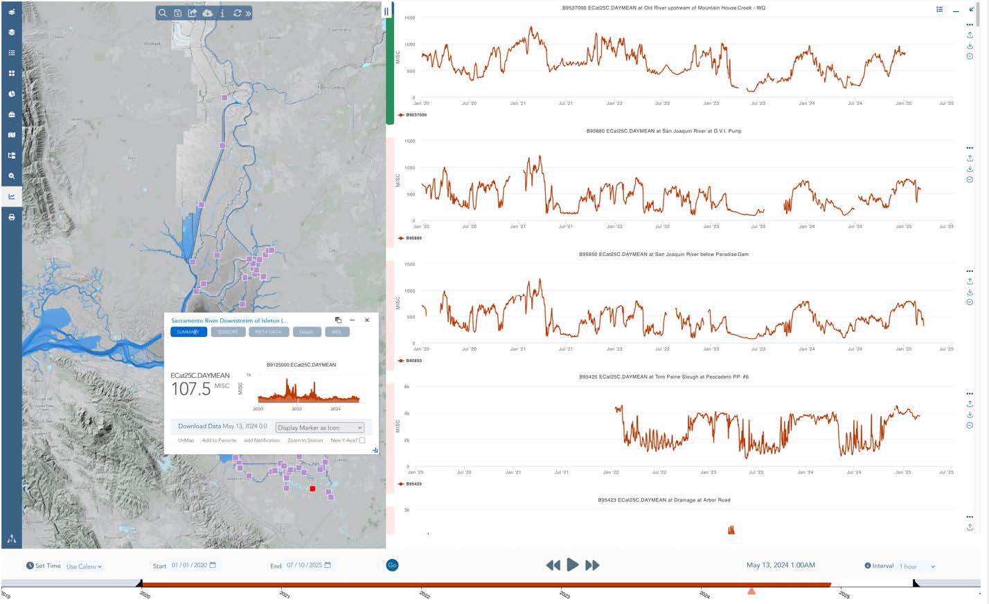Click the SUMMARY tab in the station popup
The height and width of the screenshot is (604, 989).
point(188,332)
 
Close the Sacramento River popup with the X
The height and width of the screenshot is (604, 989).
point(367,320)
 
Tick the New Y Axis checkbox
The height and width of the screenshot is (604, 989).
point(362,440)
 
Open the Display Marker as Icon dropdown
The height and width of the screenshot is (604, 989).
point(319,428)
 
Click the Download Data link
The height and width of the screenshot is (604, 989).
point(199,426)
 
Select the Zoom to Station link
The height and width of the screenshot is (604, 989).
point(305,440)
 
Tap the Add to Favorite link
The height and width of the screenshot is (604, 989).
point(219,440)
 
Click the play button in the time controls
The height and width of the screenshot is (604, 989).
point(572,565)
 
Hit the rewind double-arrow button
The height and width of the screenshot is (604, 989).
point(553,565)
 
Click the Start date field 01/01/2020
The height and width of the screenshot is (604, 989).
point(190,566)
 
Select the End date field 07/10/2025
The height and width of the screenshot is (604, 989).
point(305,566)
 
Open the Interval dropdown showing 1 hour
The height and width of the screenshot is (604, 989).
point(917,567)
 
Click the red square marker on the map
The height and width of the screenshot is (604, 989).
point(312,489)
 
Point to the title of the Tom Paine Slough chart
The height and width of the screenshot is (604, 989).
point(663,377)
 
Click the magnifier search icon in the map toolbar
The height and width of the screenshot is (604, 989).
point(163,13)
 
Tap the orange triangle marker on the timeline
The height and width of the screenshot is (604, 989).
point(751,591)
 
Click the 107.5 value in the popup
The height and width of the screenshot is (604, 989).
point(191,389)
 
